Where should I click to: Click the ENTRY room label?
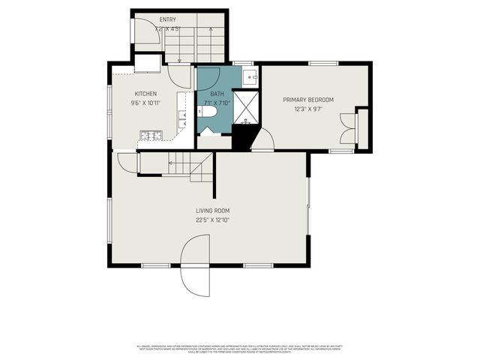(x=168, y=19)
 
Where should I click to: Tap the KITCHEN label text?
(x=145, y=94)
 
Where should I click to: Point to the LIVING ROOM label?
(x=212, y=211)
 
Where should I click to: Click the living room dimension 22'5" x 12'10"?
(x=212, y=220)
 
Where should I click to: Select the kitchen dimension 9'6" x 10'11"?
(x=145, y=103)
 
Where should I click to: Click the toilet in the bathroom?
(x=208, y=112)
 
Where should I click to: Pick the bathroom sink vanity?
(x=251, y=75)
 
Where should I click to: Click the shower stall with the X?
(x=245, y=106)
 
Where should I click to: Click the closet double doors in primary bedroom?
(x=347, y=127)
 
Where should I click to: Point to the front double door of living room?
(x=194, y=265)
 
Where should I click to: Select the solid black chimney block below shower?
(x=243, y=136)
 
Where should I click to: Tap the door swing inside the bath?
(x=208, y=78)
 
